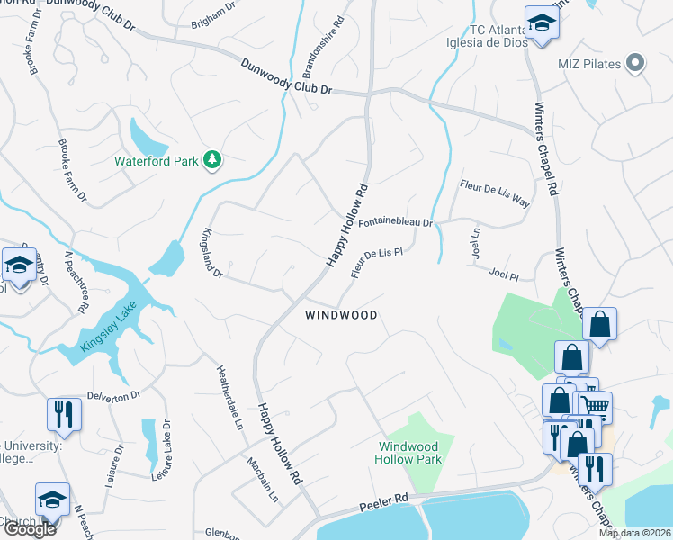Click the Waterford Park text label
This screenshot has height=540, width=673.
[x=156, y=162]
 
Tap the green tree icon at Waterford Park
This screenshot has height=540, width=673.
[x=212, y=160]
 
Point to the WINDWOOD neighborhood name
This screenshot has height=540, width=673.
[x=340, y=315]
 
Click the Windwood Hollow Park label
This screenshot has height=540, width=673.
[x=408, y=453]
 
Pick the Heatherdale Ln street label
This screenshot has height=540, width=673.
[x=229, y=397]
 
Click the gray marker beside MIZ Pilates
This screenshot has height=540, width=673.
[x=635, y=62]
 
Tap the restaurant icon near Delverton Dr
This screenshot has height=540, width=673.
[x=63, y=414]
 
